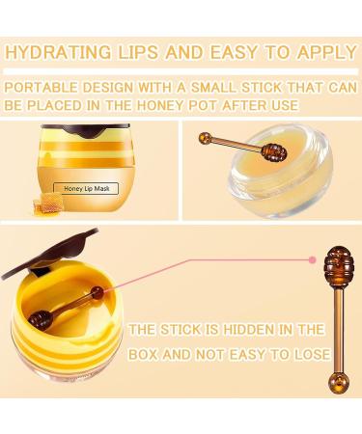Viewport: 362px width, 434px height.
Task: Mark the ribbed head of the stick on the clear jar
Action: (274, 153)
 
